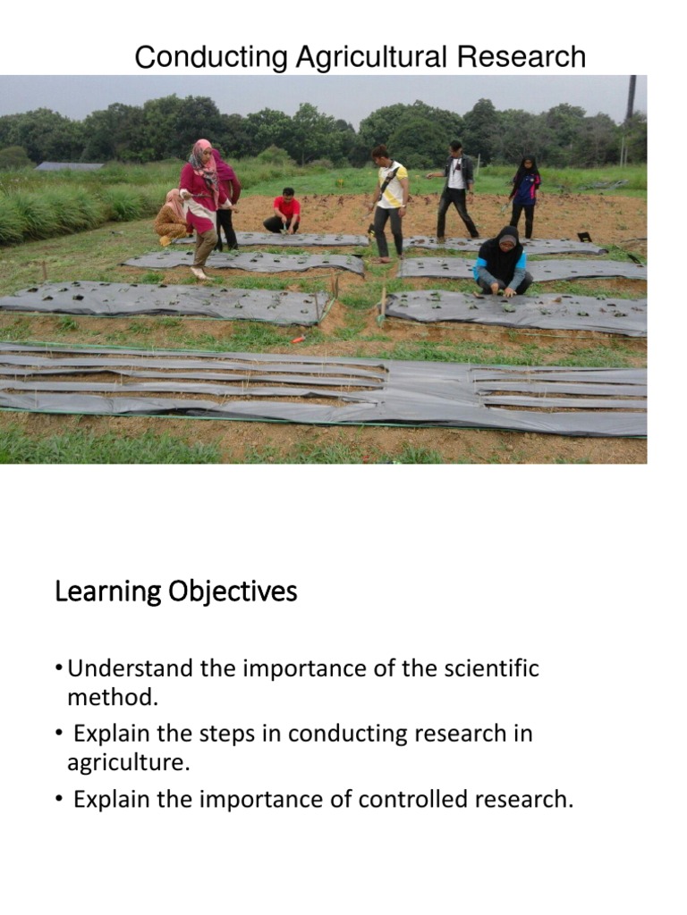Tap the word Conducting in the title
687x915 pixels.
[x=211, y=58]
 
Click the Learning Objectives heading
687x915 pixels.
[x=175, y=592]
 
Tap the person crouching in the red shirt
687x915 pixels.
[x=284, y=212]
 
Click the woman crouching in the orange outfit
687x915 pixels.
[x=172, y=216]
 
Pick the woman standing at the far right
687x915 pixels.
[x=524, y=197]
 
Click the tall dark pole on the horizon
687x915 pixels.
[x=631, y=98]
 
